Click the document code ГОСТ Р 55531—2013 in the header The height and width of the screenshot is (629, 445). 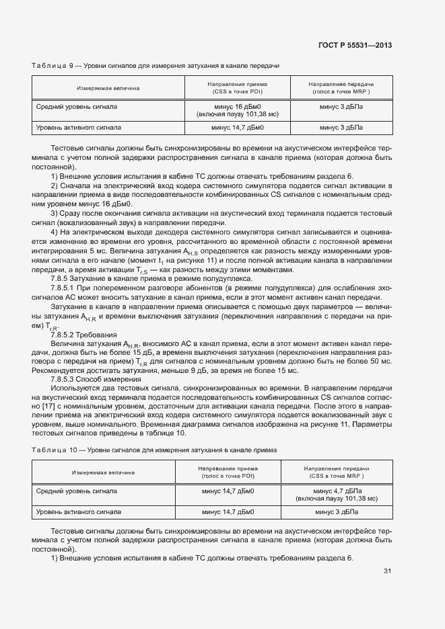(x=355, y=45)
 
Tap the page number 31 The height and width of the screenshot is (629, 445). (x=387, y=571)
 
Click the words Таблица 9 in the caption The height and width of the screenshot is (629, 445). (x=53, y=66)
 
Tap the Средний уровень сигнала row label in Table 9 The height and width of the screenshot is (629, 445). (x=77, y=107)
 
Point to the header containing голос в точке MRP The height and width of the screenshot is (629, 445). (x=341, y=91)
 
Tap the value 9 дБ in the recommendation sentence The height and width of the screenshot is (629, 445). (x=209, y=370)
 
